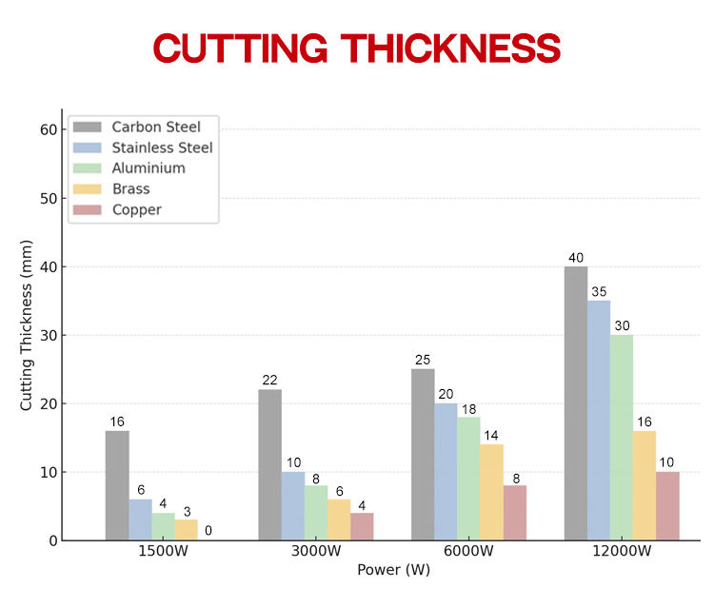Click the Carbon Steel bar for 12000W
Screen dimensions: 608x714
tap(576, 403)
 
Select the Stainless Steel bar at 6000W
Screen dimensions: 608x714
tap(446, 472)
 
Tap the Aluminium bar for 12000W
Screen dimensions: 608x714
tap(622, 438)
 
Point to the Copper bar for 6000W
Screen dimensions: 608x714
tap(515, 513)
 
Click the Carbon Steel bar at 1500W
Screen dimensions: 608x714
tap(117, 485)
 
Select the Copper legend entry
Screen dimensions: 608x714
tap(136, 209)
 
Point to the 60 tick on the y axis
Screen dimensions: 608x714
tap(49, 129)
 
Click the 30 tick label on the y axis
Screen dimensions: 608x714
tap(49, 335)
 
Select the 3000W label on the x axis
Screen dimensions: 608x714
tap(316, 553)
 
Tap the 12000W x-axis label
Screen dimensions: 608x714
tap(622, 553)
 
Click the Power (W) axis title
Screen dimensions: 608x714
tap(393, 571)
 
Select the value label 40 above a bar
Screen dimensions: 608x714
tap(576, 258)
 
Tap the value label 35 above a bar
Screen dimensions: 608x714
tap(599, 292)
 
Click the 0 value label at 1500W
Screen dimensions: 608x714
tap(208, 531)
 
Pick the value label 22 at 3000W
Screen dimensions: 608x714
tap(269, 381)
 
